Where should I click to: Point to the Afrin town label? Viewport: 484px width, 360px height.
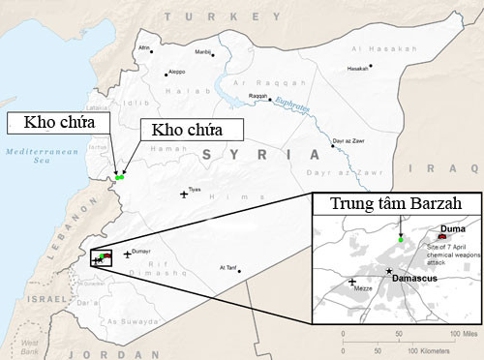(145, 48)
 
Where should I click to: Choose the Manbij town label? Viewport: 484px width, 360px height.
(203, 52)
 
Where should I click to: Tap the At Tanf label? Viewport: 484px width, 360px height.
(228, 267)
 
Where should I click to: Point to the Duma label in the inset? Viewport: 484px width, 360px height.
(452, 229)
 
